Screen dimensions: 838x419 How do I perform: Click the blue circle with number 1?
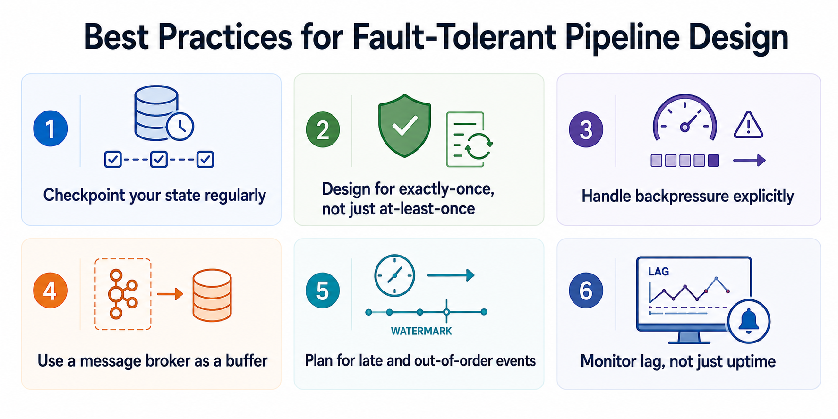pos(51,128)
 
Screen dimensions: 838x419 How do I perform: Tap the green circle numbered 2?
pos(323,129)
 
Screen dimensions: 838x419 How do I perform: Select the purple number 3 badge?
pos(586,129)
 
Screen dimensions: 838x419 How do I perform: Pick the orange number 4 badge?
pos(50,291)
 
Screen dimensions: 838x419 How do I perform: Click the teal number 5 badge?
pos(323,291)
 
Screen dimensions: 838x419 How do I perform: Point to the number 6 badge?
pos(586,291)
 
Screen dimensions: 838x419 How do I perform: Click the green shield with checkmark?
pos(404,125)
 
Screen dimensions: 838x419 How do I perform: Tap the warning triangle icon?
pos(748,125)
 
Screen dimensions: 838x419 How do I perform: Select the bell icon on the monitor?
pos(749,322)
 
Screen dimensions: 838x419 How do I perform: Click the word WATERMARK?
pos(421,331)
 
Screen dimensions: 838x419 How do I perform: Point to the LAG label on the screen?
pos(658,271)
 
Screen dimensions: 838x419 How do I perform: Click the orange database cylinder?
pos(212,295)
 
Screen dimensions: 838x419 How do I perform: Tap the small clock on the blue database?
pos(180,126)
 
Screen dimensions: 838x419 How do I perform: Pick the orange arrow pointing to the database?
pos(170,294)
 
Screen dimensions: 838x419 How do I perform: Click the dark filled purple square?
pos(713,161)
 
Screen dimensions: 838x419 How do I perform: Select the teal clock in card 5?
pos(394,275)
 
